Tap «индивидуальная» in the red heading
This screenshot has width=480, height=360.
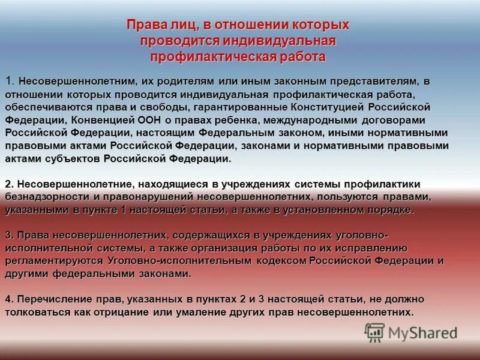click(280, 41)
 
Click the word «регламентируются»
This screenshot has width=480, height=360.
click(55, 261)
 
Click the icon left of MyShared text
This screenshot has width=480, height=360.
click(374, 332)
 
